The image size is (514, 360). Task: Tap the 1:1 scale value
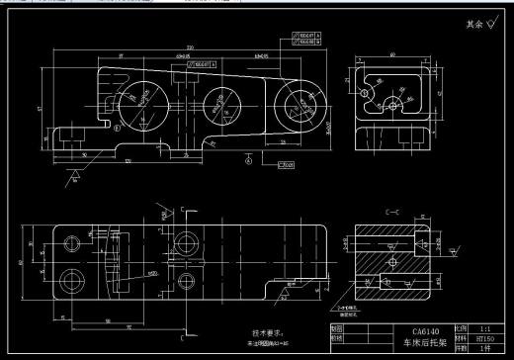(x=485, y=328)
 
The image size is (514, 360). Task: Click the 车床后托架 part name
(x=426, y=343)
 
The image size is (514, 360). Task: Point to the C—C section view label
(x=391, y=211)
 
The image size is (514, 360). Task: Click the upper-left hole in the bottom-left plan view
(x=70, y=243)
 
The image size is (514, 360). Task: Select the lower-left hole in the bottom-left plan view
(x=70, y=278)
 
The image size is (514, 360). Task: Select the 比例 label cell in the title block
(x=460, y=328)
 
